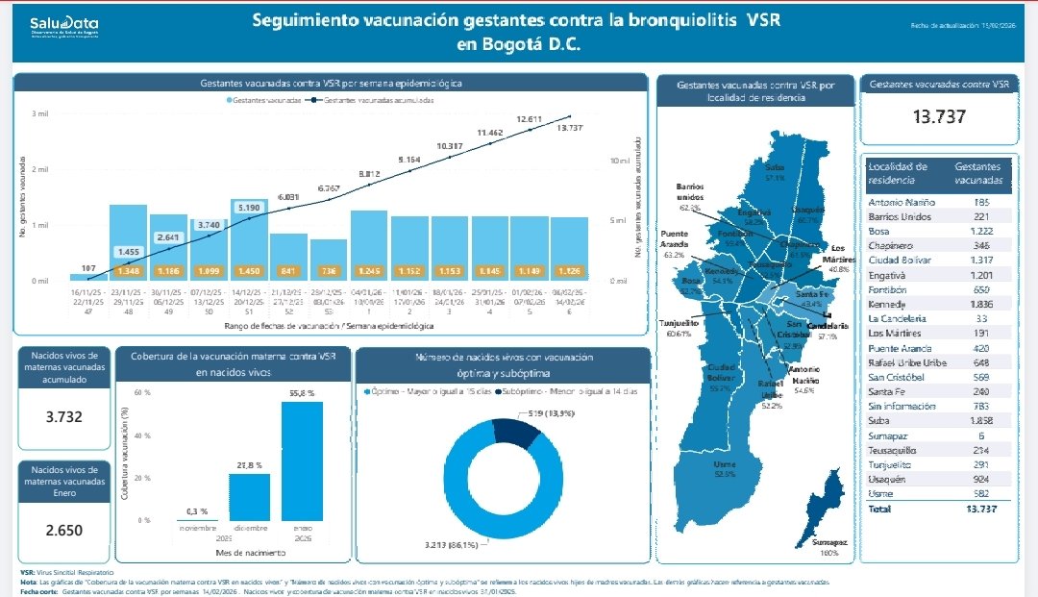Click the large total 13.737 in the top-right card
[x=939, y=117]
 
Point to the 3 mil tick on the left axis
[x=40, y=114]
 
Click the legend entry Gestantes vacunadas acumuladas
[x=379, y=100]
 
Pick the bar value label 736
[x=329, y=270]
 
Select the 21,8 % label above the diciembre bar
[x=249, y=465]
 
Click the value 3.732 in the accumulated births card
[x=64, y=417]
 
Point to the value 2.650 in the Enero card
[x=64, y=530]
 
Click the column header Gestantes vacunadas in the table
[x=978, y=173]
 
